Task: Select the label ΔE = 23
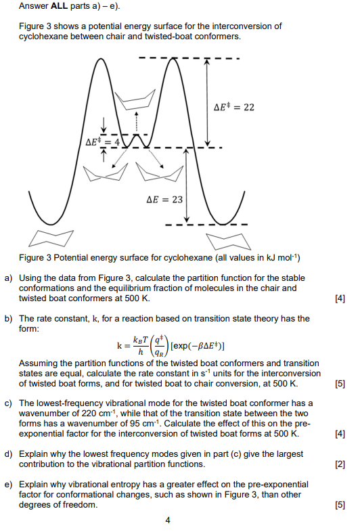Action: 164,200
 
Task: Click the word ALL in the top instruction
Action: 60,7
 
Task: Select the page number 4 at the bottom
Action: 168,520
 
